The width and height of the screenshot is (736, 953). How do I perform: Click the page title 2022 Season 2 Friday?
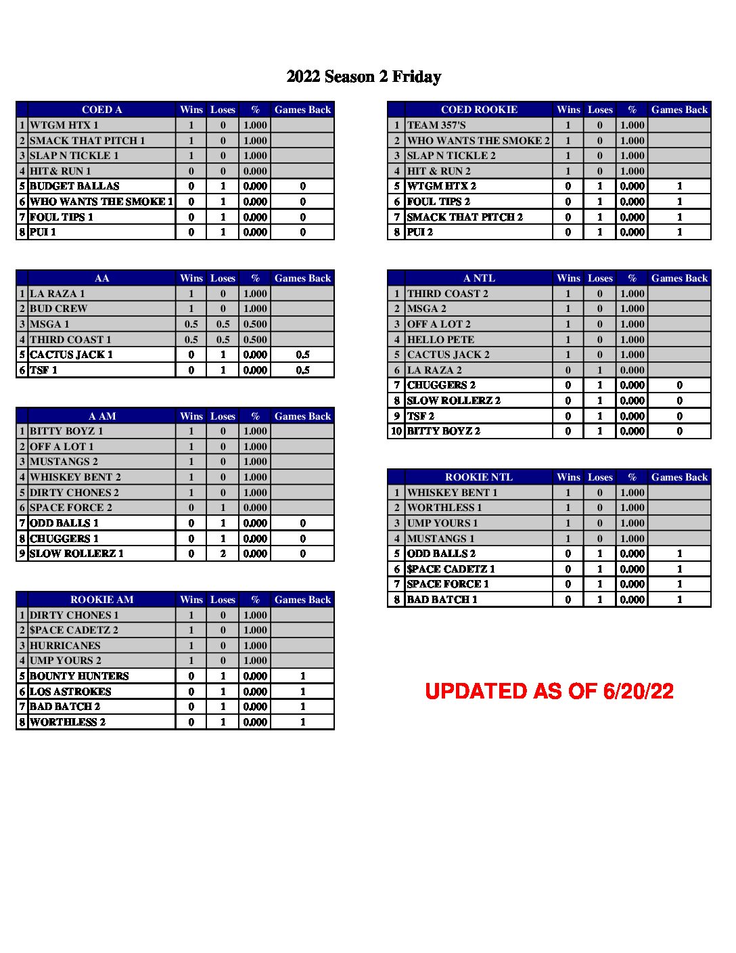click(364, 76)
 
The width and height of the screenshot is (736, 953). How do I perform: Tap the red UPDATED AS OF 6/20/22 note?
click(549, 691)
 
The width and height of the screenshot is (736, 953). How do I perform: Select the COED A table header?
click(101, 110)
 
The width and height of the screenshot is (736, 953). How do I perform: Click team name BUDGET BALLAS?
click(74, 186)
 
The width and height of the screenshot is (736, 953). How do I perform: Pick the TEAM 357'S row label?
click(436, 125)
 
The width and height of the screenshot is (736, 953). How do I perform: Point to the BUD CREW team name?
click(59, 309)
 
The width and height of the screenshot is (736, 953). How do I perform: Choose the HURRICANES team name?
click(65, 646)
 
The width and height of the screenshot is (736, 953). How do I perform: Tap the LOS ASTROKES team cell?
click(70, 692)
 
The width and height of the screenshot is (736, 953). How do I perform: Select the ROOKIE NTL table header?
click(478, 477)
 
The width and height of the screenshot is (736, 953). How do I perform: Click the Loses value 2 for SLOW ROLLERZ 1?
click(223, 554)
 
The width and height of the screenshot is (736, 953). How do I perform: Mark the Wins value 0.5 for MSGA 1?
click(191, 324)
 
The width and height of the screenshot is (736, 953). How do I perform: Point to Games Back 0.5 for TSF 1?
click(302, 370)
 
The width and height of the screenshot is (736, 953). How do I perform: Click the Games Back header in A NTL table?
click(679, 278)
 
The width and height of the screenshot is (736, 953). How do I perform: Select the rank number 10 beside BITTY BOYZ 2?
click(396, 431)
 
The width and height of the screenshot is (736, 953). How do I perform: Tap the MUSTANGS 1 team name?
click(440, 539)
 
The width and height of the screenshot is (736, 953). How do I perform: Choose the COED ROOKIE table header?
click(479, 110)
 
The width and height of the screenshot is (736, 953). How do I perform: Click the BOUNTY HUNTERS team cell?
click(79, 676)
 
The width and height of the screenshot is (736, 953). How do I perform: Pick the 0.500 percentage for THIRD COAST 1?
click(255, 340)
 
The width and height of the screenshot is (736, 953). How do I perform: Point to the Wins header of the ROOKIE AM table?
click(191, 600)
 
